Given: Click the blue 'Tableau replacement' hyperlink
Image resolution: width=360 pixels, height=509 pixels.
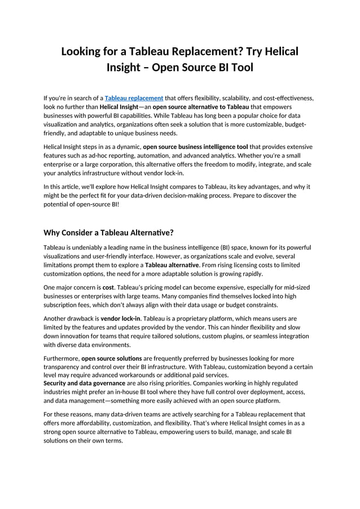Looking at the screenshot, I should pos(134,98).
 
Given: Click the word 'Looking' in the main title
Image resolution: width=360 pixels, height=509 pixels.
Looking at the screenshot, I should pos(85,52).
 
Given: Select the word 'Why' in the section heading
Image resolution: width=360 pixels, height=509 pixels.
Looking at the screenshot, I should pos(54,232).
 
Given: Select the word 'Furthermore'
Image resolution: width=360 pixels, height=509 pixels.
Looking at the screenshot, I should pos(61,358).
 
